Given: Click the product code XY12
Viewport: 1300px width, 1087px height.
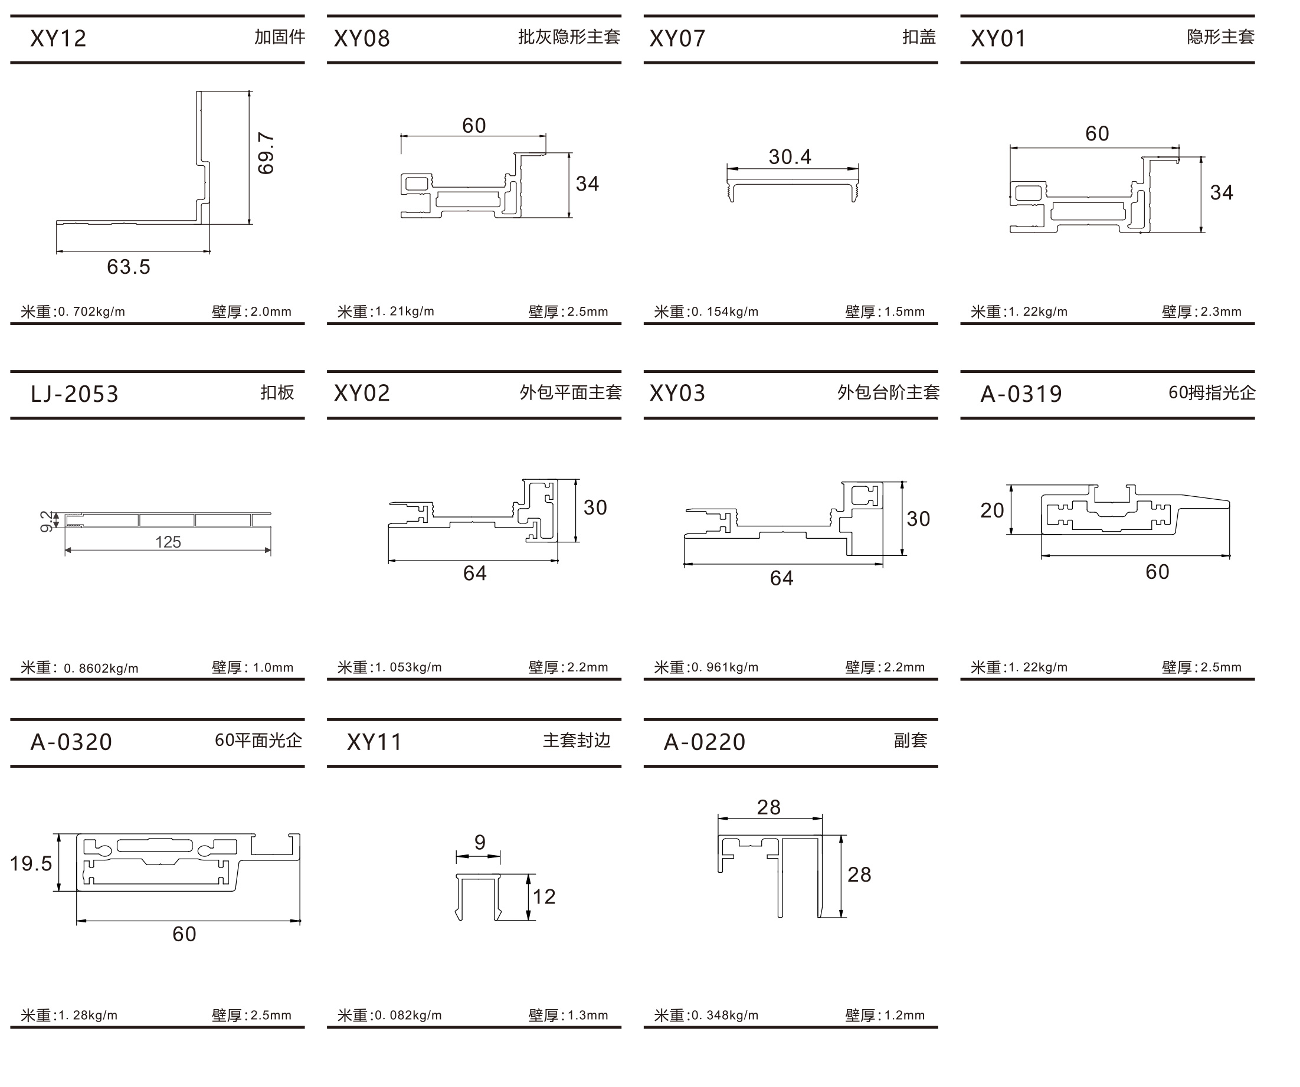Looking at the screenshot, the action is (x=58, y=38).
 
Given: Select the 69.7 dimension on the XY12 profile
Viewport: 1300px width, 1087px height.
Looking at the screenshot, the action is (x=266, y=153).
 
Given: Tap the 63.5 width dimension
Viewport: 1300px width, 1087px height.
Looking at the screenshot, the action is (x=129, y=267).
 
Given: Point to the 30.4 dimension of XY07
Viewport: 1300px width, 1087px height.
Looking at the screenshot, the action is (x=790, y=156).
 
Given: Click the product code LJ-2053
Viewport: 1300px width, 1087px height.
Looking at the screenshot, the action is (x=74, y=394).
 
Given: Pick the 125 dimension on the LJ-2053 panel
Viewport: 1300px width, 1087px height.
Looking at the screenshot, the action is (x=168, y=542).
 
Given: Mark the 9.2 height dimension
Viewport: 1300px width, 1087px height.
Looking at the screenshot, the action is (x=47, y=521).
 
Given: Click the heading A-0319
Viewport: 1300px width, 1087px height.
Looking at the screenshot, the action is (x=1021, y=394).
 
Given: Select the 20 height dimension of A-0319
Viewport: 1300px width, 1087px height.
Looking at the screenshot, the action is (x=992, y=510).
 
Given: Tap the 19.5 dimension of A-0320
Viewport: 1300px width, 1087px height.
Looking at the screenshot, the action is (x=31, y=863).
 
